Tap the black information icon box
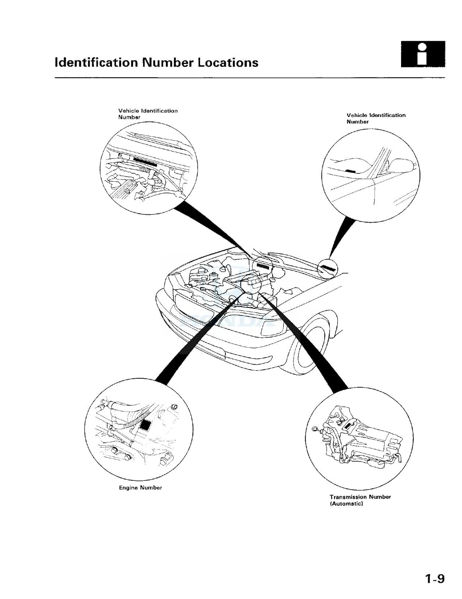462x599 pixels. [x=423, y=54]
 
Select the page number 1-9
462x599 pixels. [x=434, y=579]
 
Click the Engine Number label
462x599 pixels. [x=140, y=488]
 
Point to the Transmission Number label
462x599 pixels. [x=360, y=497]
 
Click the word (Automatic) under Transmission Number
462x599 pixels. [x=346, y=504]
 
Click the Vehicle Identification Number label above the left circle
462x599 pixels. [x=147, y=114]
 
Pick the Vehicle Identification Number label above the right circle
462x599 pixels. [x=376, y=118]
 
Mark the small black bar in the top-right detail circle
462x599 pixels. [x=350, y=171]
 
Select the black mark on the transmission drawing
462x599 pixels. [x=348, y=426]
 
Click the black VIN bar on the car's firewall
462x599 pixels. [x=262, y=265]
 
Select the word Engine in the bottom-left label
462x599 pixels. [x=128, y=488]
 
